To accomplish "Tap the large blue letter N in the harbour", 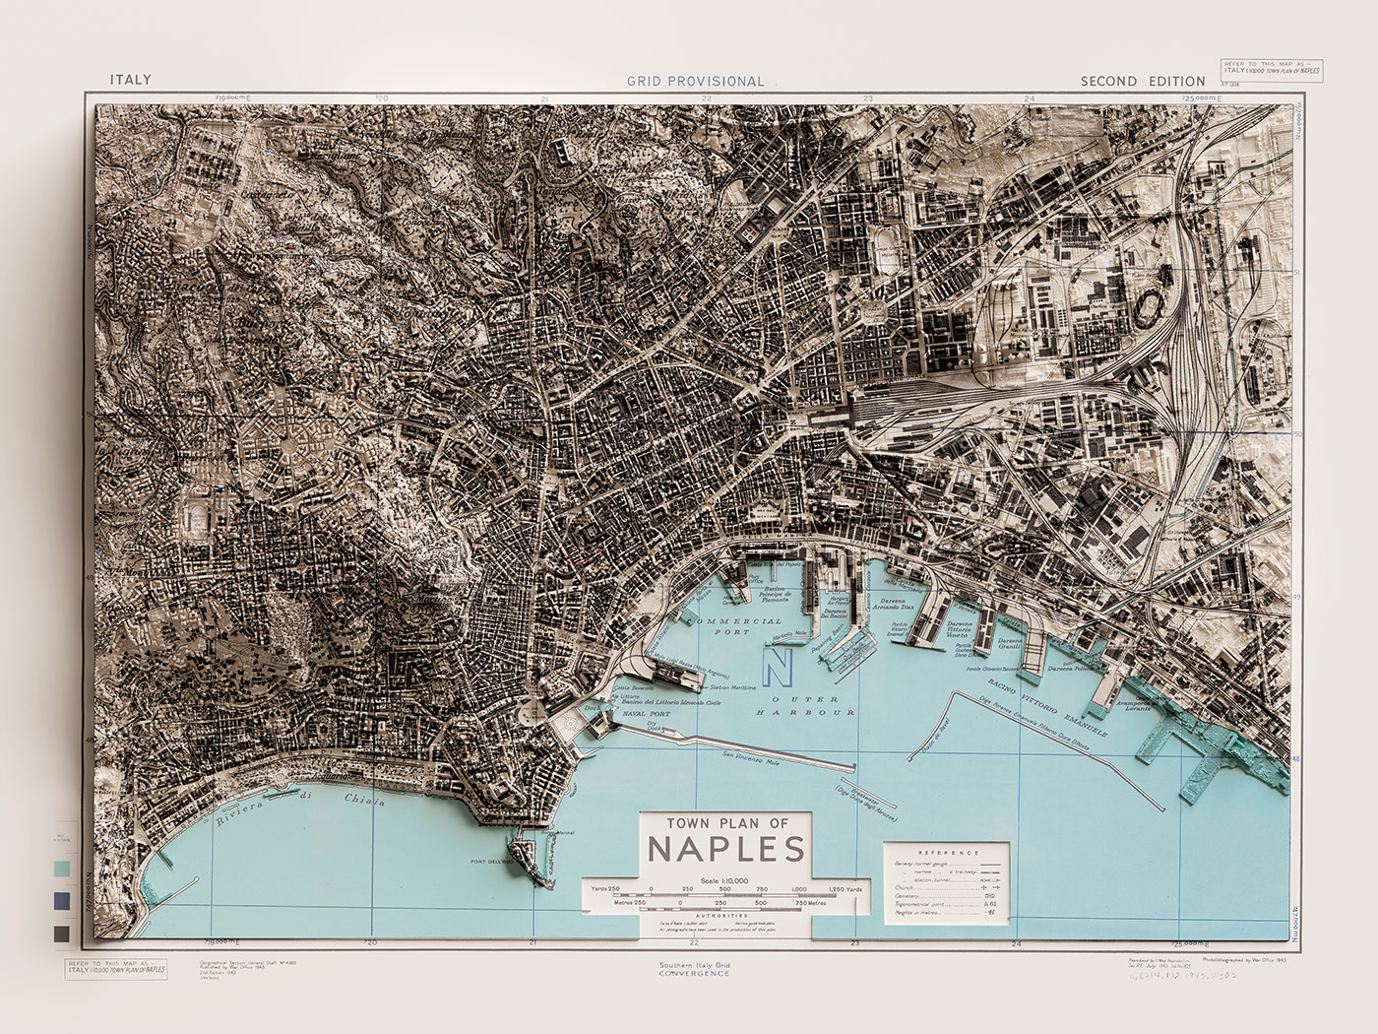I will point(779,668).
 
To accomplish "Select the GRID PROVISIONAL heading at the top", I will point(695,82).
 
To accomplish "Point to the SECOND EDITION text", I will point(1142,82).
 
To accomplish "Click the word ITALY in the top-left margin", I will point(130,80).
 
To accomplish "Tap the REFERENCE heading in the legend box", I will point(948,853).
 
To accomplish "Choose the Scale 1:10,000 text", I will point(723,880).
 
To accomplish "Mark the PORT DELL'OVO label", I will point(493,862).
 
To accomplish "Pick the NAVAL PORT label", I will point(646,714).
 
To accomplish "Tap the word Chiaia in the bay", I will point(364,801).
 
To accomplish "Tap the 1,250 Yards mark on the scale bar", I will point(845,889).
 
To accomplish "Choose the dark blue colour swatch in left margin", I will point(63,900).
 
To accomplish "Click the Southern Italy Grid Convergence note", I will point(694,969).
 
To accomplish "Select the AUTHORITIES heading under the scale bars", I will point(723,915).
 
